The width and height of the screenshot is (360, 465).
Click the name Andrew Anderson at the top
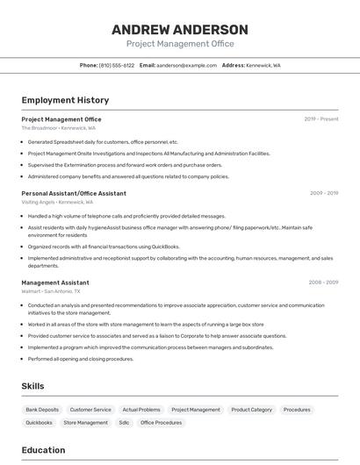coord(179,29)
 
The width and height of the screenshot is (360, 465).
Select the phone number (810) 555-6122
coord(117,65)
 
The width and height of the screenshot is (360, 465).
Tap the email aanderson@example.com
coord(186,65)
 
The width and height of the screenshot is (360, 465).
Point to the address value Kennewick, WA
coord(264,65)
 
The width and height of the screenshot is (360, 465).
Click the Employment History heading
coord(65,100)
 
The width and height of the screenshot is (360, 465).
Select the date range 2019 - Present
coord(321,119)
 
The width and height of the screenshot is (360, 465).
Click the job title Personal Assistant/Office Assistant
coord(74,193)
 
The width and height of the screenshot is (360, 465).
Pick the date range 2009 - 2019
coord(324,193)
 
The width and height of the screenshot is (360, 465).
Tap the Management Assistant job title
coord(55,283)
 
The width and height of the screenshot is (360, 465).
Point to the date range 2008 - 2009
coord(323,283)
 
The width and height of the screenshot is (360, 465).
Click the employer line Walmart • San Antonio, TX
coord(51,291)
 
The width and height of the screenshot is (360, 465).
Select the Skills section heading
coord(32,386)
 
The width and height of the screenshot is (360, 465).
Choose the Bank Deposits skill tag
coord(42,410)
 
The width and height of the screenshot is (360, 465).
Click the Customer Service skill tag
coord(90,410)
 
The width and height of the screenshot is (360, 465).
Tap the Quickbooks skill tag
coord(39,423)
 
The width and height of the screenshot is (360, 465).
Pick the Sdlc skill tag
coord(124,423)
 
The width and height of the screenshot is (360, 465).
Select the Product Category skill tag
coord(252,410)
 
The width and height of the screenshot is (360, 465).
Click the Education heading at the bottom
coord(43,450)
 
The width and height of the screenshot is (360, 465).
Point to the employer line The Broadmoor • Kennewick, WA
coord(58,128)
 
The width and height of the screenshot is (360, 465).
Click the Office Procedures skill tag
coord(162,423)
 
